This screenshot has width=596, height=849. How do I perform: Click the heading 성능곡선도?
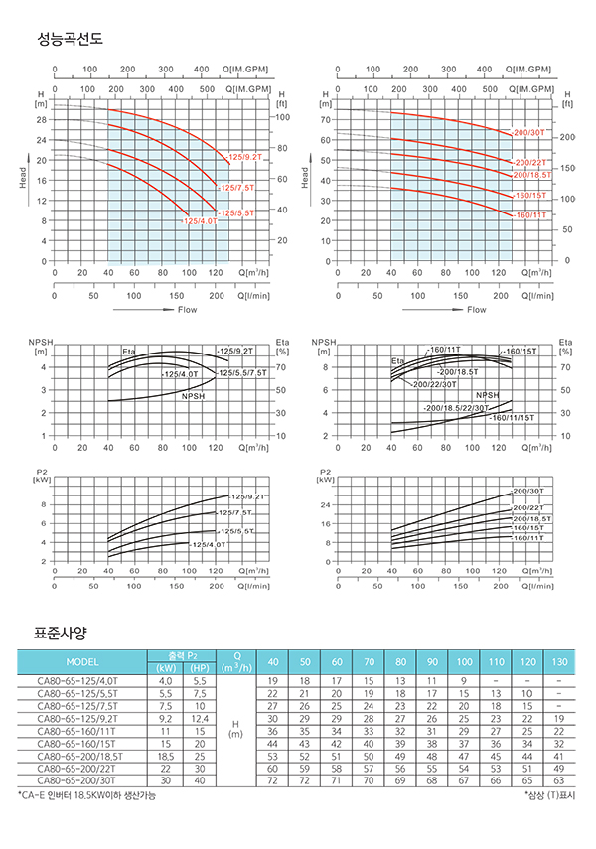(x=70, y=39)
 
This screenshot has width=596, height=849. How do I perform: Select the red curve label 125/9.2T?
(x=244, y=157)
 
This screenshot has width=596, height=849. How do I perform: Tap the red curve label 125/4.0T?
(x=201, y=221)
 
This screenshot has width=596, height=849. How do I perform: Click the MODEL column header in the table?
(x=82, y=662)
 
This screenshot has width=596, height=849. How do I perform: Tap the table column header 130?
(x=559, y=662)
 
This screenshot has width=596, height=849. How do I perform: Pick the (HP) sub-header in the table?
(x=200, y=667)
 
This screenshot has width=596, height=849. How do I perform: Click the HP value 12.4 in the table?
(x=200, y=717)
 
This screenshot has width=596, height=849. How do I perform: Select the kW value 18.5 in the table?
(x=165, y=755)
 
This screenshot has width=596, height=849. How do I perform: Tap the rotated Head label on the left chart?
(x=23, y=177)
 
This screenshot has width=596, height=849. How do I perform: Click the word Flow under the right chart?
(x=477, y=309)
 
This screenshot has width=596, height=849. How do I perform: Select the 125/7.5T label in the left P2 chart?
(x=231, y=512)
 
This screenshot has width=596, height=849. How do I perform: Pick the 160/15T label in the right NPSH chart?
(x=521, y=353)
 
